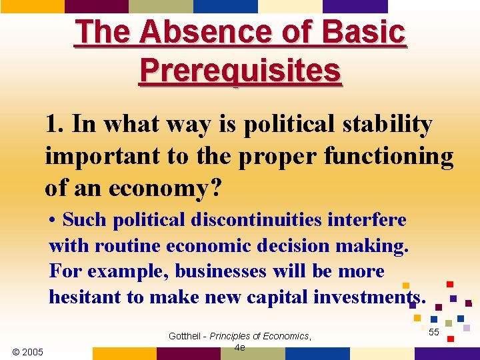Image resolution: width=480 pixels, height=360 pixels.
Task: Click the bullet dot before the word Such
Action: pyautogui.click(x=53, y=221)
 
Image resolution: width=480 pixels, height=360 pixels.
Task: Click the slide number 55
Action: pyautogui.click(x=433, y=331)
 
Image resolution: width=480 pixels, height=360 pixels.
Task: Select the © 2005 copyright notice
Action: pyautogui.click(x=27, y=351)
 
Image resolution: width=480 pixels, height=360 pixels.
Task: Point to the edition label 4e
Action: pyautogui.click(x=241, y=348)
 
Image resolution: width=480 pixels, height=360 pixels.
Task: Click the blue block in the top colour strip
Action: pyautogui.click(x=225, y=6)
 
